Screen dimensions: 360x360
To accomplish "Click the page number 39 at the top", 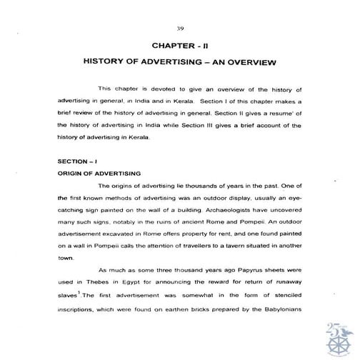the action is click(179, 29).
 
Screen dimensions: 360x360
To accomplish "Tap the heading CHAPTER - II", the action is click(180, 44).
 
